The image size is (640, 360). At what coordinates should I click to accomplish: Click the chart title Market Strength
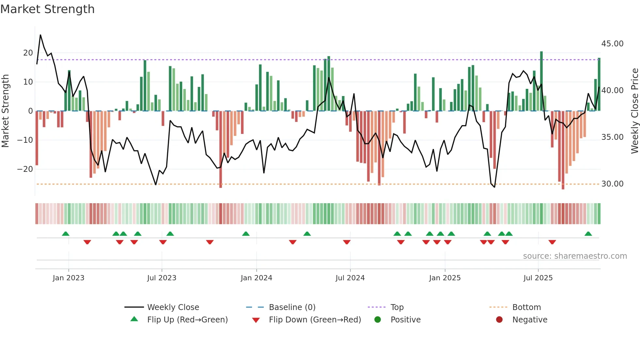[47, 9]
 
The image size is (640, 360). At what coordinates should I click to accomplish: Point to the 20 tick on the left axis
[28, 53]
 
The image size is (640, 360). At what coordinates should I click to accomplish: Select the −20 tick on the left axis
[25, 169]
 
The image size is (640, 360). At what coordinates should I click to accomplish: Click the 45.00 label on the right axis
[612, 44]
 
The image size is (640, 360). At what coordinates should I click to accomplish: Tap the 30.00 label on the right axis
[612, 184]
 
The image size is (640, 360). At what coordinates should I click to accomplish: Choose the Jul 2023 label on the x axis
[162, 278]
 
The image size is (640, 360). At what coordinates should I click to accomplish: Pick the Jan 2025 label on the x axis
[445, 278]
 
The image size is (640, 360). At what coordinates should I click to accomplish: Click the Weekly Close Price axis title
[634, 111]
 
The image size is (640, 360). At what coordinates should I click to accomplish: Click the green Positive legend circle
[378, 320]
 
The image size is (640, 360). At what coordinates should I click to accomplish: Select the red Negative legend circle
[499, 320]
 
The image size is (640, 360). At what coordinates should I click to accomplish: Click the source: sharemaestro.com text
[575, 256]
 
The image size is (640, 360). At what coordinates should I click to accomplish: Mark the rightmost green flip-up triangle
[588, 234]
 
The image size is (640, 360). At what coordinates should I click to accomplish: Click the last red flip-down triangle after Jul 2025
[552, 242]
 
